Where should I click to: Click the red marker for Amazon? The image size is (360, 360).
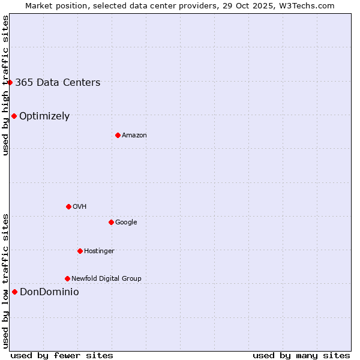tap(118, 135)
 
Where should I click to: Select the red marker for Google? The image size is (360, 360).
tap(111, 222)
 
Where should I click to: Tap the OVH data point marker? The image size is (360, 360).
tap(68, 206)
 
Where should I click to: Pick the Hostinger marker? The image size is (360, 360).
tap(80, 251)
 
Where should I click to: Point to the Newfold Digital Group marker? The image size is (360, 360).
tap(67, 278)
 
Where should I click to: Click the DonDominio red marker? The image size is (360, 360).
tap(14, 292)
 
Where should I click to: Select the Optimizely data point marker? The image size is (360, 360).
tap(14, 116)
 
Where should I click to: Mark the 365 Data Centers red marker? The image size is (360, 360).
tap(10, 82)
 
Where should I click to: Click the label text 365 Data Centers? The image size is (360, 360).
tap(58, 83)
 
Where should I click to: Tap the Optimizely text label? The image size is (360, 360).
tap(44, 116)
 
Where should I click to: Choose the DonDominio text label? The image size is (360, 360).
tap(49, 292)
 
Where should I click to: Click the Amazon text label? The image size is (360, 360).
tap(134, 136)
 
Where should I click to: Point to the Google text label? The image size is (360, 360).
tap(126, 223)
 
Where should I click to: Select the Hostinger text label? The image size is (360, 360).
tap(99, 251)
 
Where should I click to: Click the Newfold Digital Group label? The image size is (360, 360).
tap(106, 279)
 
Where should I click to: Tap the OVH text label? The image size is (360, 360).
tap(80, 207)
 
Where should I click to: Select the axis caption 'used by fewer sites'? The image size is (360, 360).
tap(62, 355)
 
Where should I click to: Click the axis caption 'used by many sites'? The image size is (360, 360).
tap(301, 355)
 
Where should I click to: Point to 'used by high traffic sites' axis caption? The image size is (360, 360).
tap(5, 85)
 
